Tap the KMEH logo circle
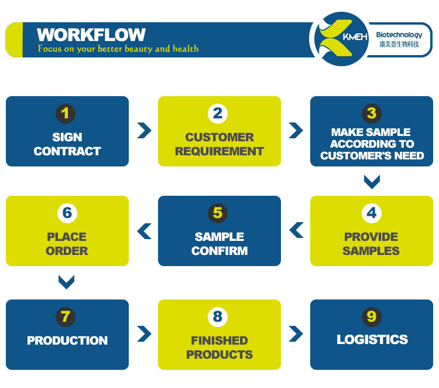pyautogui.click(x=341, y=39)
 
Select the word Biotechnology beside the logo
pyautogui.click(x=399, y=35)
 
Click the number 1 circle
pyautogui.click(x=67, y=113)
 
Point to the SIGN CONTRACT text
pyautogui.click(x=67, y=144)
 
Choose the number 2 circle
pyautogui.click(x=218, y=113)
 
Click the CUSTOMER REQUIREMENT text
pyautogui.click(x=220, y=144)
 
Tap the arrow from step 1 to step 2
pyautogui.click(x=144, y=130)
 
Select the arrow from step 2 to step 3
pyautogui.click(x=296, y=130)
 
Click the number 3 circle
pyautogui.click(x=371, y=113)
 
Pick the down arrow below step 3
pyautogui.click(x=372, y=182)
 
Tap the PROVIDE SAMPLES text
pyautogui.click(x=371, y=244)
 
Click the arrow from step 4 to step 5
pyautogui.click(x=296, y=230)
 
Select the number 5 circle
pyautogui.click(x=218, y=213)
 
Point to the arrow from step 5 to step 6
pyautogui.click(x=144, y=231)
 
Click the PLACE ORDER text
pyautogui.click(x=67, y=244)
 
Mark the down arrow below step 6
pyautogui.click(x=67, y=283)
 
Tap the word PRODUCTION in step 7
pyautogui.click(x=67, y=341)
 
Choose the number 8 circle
pyautogui.click(x=218, y=317)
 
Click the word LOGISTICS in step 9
pyautogui.click(x=372, y=340)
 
